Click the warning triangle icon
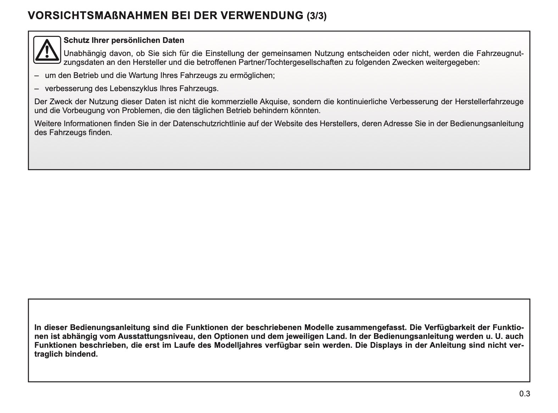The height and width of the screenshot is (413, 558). pyautogui.click(x=47, y=50)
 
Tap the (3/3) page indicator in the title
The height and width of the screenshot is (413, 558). pyautogui.click(x=316, y=16)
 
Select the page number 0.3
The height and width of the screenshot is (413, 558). pyautogui.click(x=525, y=394)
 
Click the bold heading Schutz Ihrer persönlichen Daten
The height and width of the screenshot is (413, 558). pyautogui.click(x=124, y=40)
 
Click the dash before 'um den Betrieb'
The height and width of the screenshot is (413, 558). pyautogui.click(x=37, y=76)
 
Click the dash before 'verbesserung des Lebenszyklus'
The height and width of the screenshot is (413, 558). pyautogui.click(x=37, y=88)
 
